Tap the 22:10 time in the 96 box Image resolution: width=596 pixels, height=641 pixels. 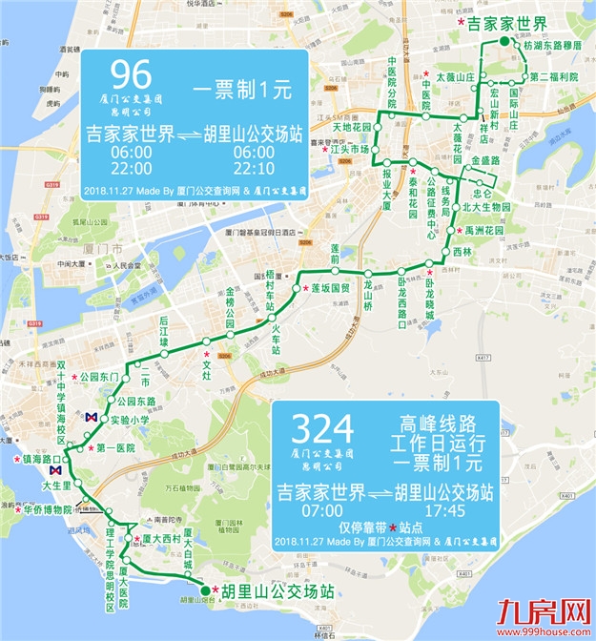[254, 168]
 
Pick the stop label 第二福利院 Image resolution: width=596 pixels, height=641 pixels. [554, 76]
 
